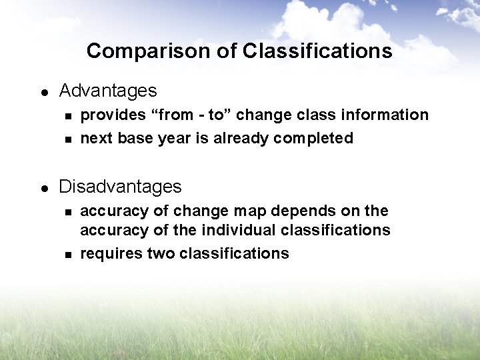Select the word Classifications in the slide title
[317, 51]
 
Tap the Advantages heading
[108, 91]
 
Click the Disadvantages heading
[120, 187]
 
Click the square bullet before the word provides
[67, 116]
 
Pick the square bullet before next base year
[67, 139]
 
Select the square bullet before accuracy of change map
[67, 212]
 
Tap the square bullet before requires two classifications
[67, 255]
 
